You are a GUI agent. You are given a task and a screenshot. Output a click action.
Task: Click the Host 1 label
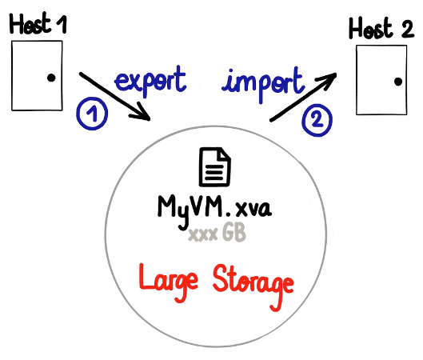pos(38,23)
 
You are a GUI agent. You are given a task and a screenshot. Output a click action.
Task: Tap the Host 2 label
pos(381,28)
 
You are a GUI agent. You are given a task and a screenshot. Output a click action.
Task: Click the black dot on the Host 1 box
pos(51,78)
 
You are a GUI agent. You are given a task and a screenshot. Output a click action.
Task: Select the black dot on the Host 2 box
pos(398,82)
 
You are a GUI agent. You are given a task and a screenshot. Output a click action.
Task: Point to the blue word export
pos(150,81)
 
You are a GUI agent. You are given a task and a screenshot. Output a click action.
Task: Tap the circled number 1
pos(92,114)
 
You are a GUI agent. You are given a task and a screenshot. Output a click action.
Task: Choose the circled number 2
pos(317,120)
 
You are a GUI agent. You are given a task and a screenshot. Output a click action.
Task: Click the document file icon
pos(215,166)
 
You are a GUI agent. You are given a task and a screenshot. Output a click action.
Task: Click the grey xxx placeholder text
pos(203,234)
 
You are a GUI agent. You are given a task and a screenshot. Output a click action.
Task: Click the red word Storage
pos(253,287)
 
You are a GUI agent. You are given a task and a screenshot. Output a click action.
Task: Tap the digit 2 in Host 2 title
pos(407,29)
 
